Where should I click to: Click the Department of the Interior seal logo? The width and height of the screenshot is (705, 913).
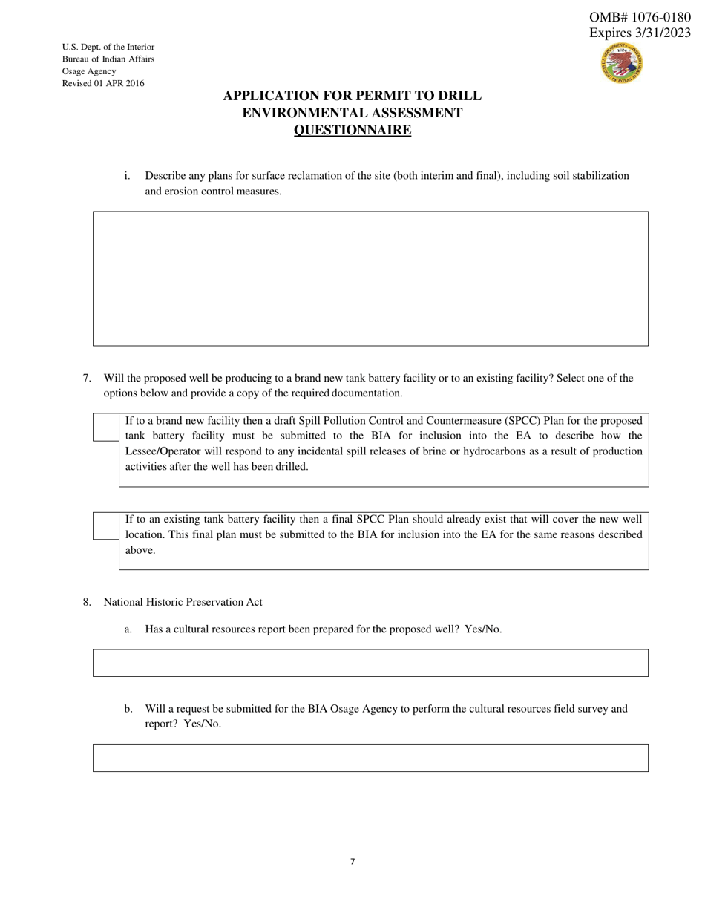click(x=622, y=63)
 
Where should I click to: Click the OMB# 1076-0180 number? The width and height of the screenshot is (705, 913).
click(x=640, y=17)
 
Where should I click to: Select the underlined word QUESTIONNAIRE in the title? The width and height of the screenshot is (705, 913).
click(x=352, y=131)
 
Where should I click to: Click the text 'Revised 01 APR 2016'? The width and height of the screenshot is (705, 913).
click(x=103, y=83)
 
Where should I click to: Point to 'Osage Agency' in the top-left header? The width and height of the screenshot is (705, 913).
click(x=89, y=71)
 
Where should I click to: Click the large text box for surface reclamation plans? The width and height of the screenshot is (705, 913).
click(x=370, y=278)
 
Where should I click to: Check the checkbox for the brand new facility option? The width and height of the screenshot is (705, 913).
click(x=105, y=428)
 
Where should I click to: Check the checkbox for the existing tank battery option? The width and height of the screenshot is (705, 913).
click(x=105, y=526)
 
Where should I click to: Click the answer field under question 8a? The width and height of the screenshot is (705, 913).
click(x=370, y=663)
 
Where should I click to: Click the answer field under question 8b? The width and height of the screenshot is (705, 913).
click(x=370, y=758)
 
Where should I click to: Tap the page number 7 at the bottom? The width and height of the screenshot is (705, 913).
click(x=352, y=862)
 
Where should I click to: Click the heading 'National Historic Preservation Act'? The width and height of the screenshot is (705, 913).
click(x=183, y=602)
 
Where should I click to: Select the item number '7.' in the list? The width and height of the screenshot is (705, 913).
click(x=87, y=378)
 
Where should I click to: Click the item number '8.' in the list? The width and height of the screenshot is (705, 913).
click(x=87, y=602)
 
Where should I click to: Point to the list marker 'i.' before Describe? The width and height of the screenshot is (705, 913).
click(x=127, y=176)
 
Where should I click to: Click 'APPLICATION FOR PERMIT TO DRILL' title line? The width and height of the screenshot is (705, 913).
click(x=352, y=96)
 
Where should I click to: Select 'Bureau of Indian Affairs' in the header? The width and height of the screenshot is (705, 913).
click(x=108, y=59)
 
